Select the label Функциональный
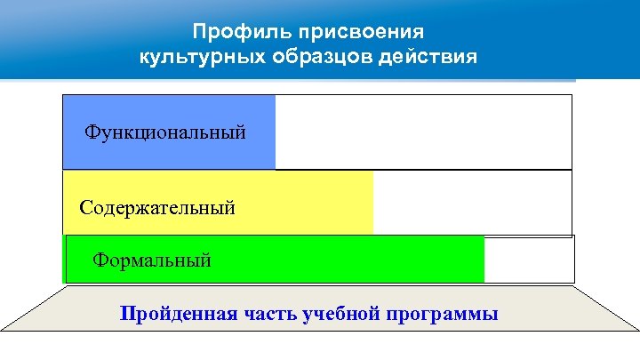coord(165,132)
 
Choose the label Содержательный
coord(157,208)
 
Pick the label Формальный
coord(152,260)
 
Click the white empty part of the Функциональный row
coord(423,132)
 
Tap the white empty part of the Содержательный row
coord(472,203)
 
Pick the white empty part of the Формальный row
coord(529,259)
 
